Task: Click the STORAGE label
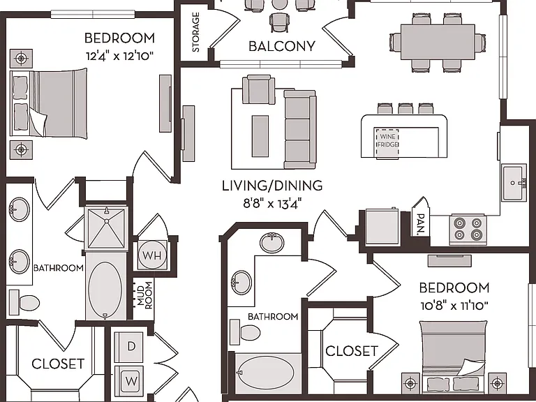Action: [196, 32]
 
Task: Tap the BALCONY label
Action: [282, 46]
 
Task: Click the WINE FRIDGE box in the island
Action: [387, 143]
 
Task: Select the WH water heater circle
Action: [152, 255]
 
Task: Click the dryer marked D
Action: [129, 347]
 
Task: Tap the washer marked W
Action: [129, 381]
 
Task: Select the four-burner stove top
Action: [468, 229]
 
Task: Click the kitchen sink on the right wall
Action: [514, 183]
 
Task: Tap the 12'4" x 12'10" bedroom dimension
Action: [119, 55]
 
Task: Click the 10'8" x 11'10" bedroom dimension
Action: [454, 305]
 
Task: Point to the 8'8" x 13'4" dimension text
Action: [272, 204]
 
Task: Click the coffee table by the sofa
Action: [260, 136]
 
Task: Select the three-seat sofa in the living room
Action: [300, 129]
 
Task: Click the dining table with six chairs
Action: [438, 43]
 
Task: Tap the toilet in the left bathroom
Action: [24, 302]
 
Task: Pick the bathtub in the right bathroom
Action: [265, 373]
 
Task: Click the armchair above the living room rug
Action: [259, 89]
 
